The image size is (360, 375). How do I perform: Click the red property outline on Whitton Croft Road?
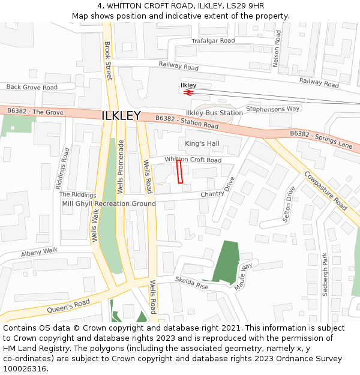(x=179, y=172)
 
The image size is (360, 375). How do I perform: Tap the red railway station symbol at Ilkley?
(x=188, y=93)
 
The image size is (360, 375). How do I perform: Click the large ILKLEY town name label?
(x=121, y=116)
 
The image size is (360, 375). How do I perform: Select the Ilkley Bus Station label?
(x=214, y=113)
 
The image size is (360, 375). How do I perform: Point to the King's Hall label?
(x=202, y=144)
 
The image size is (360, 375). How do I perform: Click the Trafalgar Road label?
(x=213, y=41)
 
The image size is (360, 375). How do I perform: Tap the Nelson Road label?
(x=277, y=49)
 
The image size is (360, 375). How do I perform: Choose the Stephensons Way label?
(x=273, y=109)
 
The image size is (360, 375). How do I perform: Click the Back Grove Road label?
(x=32, y=87)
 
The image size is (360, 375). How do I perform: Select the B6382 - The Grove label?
(x=35, y=112)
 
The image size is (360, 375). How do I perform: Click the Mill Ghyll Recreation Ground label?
(x=109, y=203)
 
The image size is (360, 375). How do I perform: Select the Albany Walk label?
(x=39, y=252)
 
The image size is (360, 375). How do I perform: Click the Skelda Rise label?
(x=191, y=283)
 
